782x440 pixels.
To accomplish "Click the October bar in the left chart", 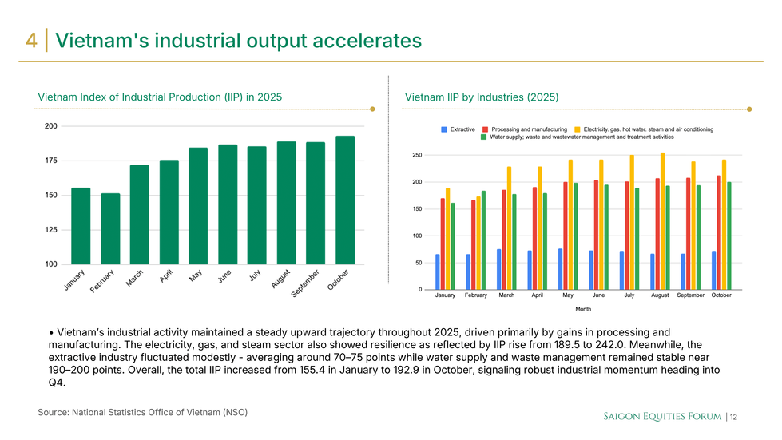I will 345,200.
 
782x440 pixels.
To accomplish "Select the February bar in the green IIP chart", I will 110,228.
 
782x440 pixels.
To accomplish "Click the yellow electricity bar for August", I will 662,220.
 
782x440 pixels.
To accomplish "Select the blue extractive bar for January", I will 438,272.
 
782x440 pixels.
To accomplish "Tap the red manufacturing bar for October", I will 719,232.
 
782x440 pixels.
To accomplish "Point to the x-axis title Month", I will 583,308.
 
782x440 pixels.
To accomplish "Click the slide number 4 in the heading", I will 31,40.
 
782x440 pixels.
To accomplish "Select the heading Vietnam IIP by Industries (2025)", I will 481,97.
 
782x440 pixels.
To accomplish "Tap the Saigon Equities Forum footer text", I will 661,416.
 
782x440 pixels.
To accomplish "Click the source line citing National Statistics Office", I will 142,412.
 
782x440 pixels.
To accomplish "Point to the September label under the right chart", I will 690,295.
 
